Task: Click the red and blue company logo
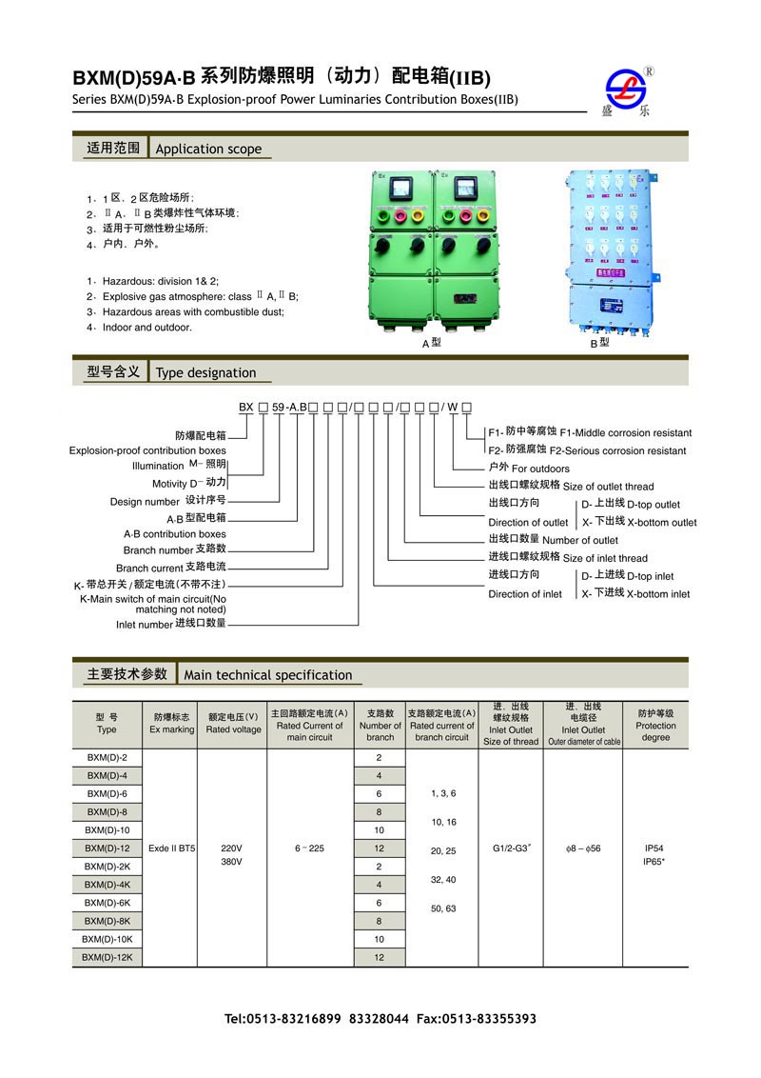tap(626, 89)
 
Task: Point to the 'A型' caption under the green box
tap(432, 344)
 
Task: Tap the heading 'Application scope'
tap(208, 149)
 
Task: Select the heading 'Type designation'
tap(205, 372)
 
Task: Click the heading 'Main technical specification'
tap(268, 675)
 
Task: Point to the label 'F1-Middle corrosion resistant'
tap(626, 432)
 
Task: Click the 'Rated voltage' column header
tap(233, 729)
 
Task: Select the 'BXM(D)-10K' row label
tap(106, 939)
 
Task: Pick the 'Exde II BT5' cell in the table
tap(172, 848)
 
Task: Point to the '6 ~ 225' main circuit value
tap(309, 848)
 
